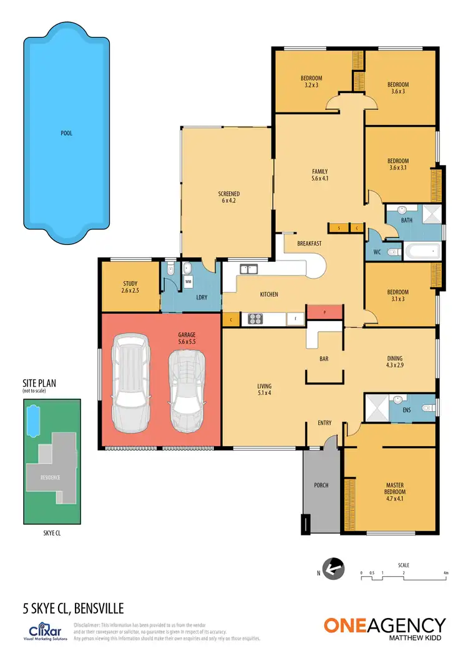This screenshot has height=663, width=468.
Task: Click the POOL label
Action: tap(67, 133)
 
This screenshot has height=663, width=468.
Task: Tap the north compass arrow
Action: tap(334, 569)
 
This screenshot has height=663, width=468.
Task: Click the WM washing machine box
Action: tap(188, 282)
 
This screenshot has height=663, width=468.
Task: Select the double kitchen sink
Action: tap(250, 270)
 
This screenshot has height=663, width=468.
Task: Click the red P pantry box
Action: tap(324, 311)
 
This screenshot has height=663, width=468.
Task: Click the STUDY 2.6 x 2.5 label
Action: tap(130, 287)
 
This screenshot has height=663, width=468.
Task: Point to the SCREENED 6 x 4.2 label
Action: tap(229, 198)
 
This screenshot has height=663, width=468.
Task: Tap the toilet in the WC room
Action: tap(392, 252)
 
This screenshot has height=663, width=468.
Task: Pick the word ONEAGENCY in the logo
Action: tap(384, 626)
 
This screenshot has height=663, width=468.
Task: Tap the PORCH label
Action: tap(321, 485)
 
